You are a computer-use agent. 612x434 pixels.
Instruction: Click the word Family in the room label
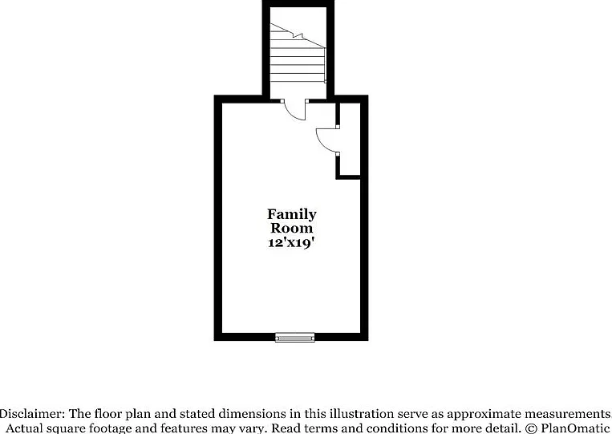pyautogui.click(x=291, y=215)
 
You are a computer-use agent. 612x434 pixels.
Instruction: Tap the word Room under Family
pyautogui.click(x=291, y=228)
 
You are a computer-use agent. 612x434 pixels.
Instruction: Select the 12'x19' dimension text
pyautogui.click(x=291, y=243)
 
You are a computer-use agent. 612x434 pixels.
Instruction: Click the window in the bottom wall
pyautogui.click(x=294, y=337)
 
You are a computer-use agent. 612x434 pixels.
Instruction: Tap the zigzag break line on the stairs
pyautogui.click(x=298, y=36)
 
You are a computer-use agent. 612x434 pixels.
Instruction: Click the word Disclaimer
pyautogui.click(x=32, y=414)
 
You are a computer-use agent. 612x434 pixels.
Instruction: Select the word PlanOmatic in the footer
pyautogui.click(x=574, y=428)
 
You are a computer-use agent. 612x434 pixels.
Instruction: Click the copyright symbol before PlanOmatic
pyautogui.click(x=531, y=428)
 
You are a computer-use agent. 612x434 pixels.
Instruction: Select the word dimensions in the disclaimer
pyautogui.click(x=249, y=414)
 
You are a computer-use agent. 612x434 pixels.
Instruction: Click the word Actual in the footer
pyautogui.click(x=22, y=428)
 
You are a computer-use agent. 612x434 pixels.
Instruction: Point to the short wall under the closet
pyautogui.click(x=348, y=177)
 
